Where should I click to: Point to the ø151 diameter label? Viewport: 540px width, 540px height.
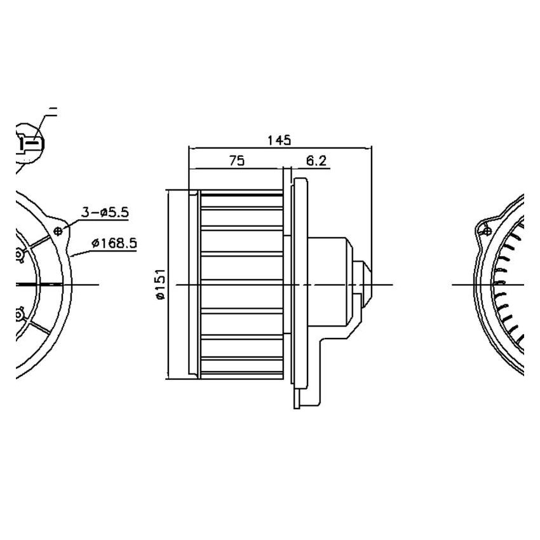pos(159,284)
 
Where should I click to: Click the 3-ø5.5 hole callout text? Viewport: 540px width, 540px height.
pos(105,212)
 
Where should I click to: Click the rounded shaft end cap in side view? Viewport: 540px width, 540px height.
pos(364,285)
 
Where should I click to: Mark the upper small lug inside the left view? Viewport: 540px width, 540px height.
pos(20,255)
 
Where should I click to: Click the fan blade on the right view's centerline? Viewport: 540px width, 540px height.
pos(502,285)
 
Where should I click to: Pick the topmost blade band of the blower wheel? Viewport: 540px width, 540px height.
pos(241,201)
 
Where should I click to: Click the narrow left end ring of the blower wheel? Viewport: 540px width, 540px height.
pos(194,285)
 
